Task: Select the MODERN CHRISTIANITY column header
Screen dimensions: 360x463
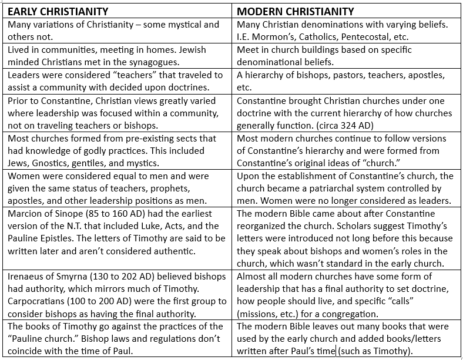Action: [x=296, y=11]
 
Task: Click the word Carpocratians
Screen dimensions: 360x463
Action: [x=39, y=301]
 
